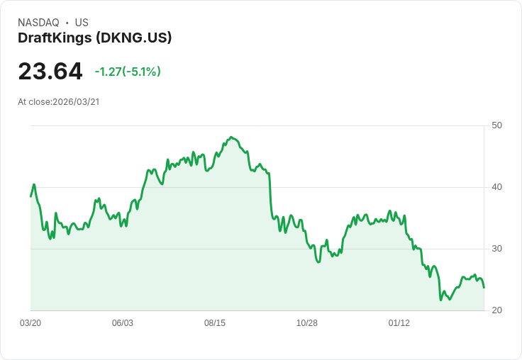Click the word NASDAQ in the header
[38, 23]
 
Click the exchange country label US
[82, 23]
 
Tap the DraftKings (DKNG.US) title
[95, 38]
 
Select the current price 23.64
[50, 72]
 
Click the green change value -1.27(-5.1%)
[128, 72]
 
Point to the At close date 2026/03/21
[76, 102]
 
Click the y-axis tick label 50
[496, 125]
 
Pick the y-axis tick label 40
[496, 187]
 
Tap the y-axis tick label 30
[496, 249]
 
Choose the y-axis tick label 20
[496, 310]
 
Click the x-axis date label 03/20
[30, 323]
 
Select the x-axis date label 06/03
[123, 323]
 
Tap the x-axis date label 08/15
[215, 323]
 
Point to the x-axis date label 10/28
[307, 323]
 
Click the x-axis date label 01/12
[399, 323]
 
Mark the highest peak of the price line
[231, 137]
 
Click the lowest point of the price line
[441, 300]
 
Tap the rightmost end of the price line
[484, 288]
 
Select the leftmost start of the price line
[30, 196]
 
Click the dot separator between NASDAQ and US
[67, 23]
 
